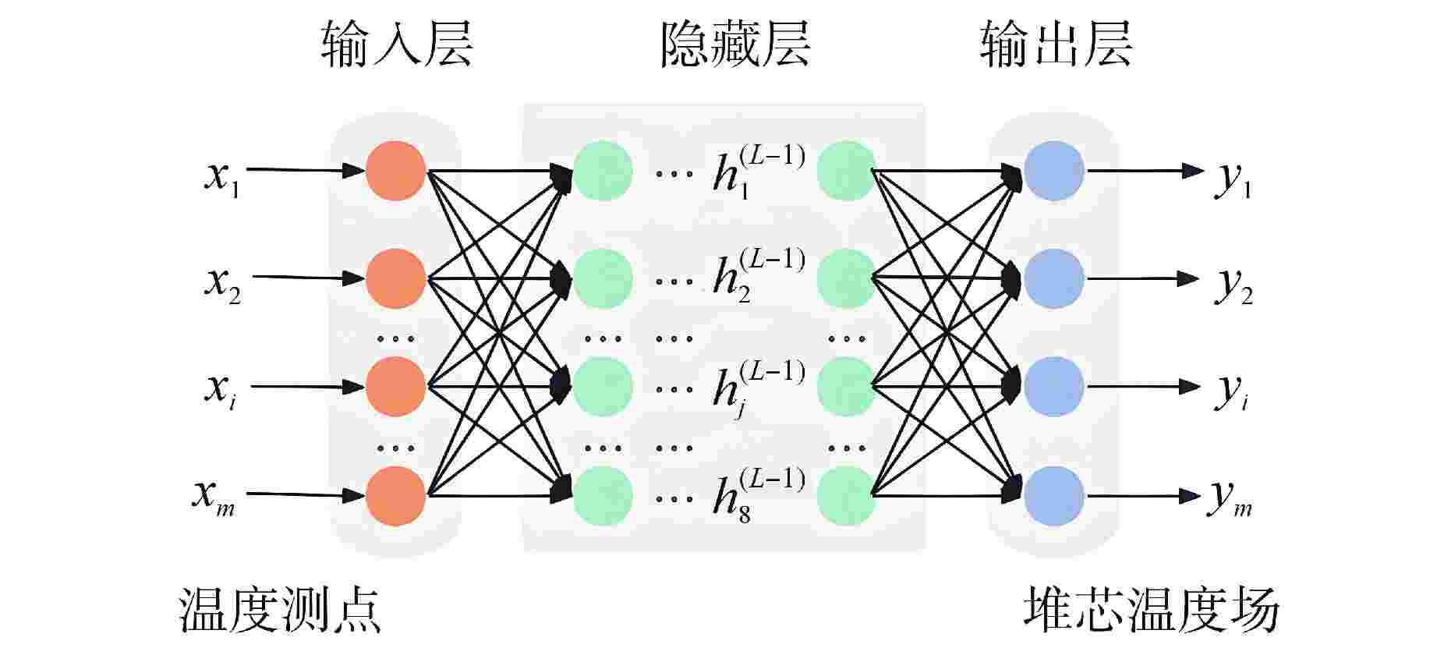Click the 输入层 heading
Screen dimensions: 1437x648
(397, 44)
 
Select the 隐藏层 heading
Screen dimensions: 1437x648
(735, 44)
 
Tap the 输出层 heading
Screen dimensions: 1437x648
(1056, 44)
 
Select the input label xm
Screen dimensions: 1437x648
(214, 498)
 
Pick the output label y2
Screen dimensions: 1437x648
(1233, 288)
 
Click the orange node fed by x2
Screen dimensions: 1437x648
(396, 278)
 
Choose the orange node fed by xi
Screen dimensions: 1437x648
(396, 387)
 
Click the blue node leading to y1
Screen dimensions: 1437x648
(1054, 171)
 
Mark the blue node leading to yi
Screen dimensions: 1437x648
(1054, 387)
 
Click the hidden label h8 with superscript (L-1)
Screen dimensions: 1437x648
(759, 494)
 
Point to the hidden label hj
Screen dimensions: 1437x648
(759, 388)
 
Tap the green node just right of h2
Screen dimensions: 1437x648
(847, 278)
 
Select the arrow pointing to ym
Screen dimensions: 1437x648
(1144, 495)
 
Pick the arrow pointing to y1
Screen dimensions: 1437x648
(1145, 170)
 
